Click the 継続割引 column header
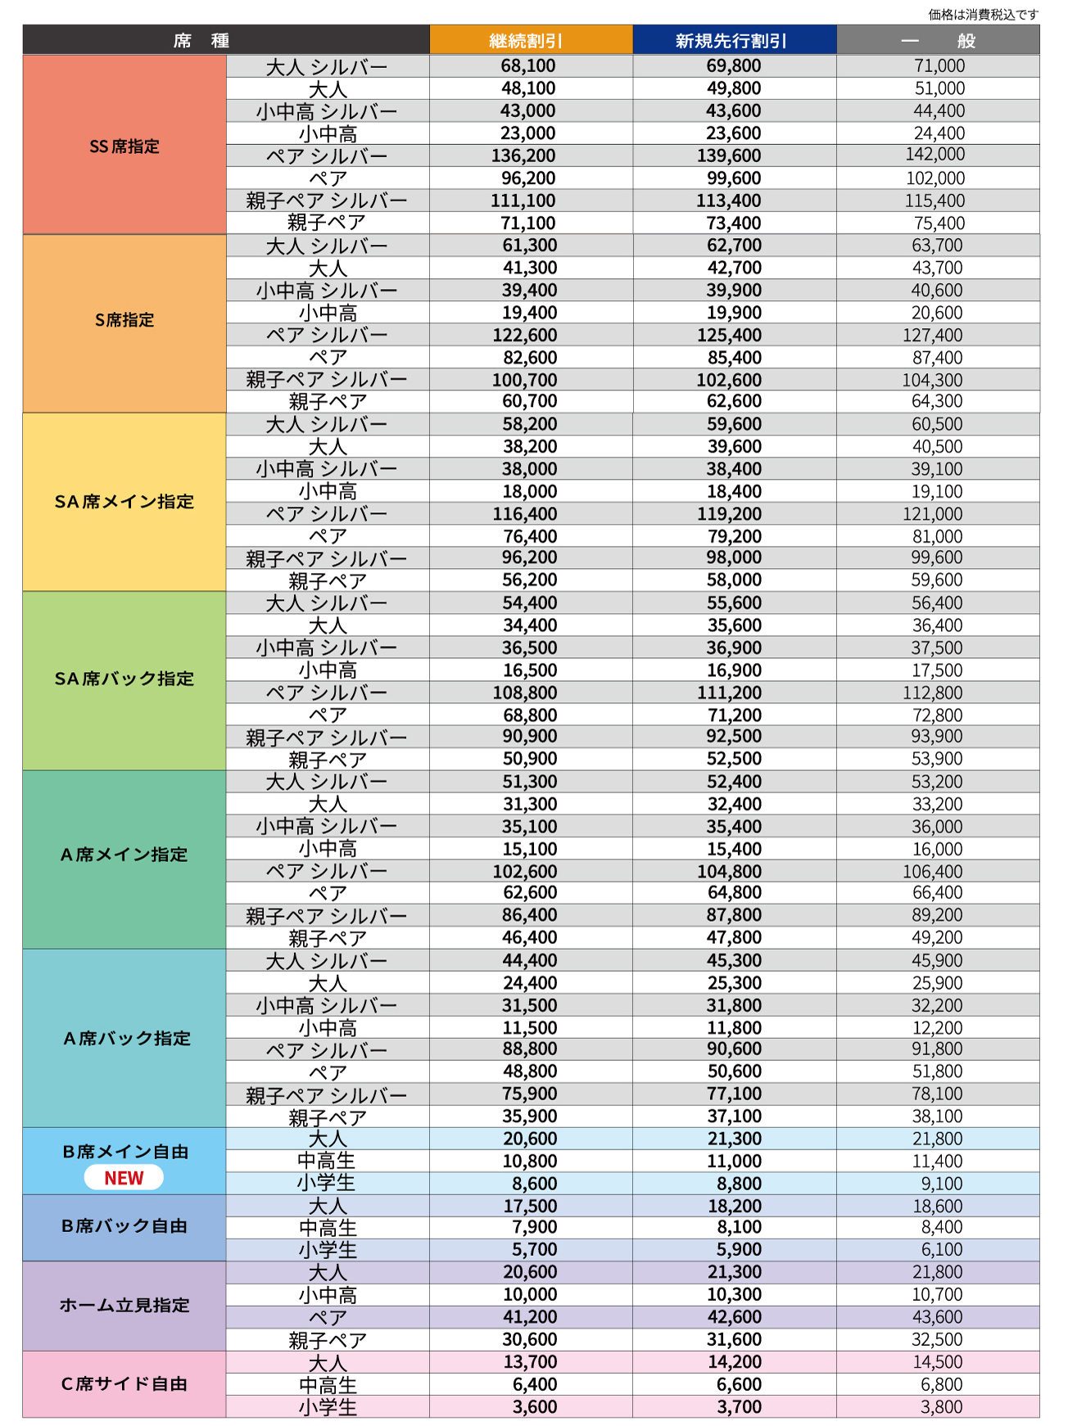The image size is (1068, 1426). tap(531, 40)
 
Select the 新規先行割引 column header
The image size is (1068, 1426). tap(734, 40)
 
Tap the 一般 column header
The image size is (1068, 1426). tap(938, 40)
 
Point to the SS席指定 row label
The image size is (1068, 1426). tap(124, 146)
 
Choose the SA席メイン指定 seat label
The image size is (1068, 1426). tap(124, 502)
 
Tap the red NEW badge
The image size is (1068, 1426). tap(124, 1178)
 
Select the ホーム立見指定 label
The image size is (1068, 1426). tap(124, 1305)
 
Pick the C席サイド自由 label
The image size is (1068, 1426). tap(124, 1383)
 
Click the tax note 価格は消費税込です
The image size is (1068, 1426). tap(983, 14)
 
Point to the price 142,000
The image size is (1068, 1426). tap(935, 155)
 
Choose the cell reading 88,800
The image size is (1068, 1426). tap(529, 1049)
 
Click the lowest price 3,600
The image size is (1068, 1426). tap(534, 1406)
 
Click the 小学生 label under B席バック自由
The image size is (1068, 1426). tap(328, 1250)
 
